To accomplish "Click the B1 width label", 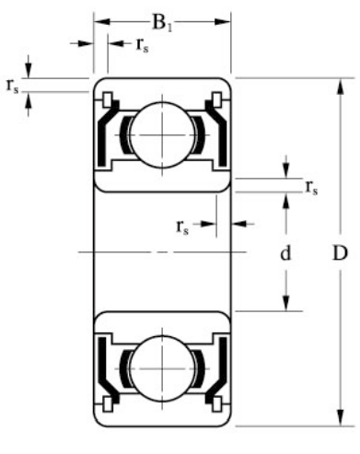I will (x=162, y=19).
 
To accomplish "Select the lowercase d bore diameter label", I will (x=286, y=251).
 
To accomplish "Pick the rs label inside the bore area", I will (x=184, y=224).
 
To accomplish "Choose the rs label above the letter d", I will (x=311, y=189).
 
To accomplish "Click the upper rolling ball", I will (x=162, y=132).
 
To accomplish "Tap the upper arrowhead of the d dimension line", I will (x=286, y=201).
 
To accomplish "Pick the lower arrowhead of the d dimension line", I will (x=286, y=306).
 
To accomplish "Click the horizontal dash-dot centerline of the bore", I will (x=162, y=250).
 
